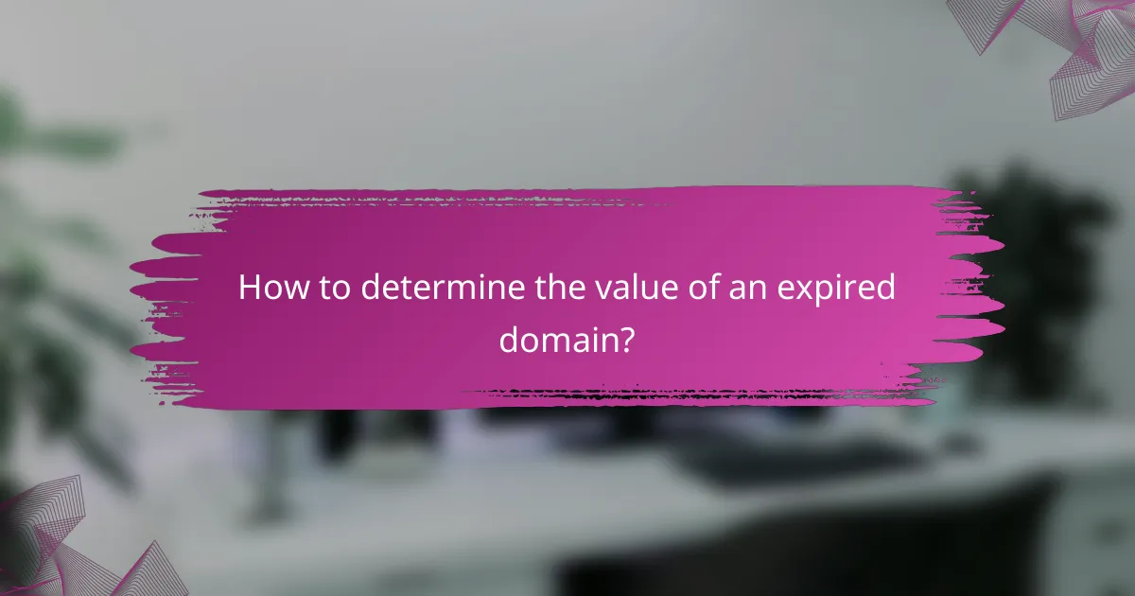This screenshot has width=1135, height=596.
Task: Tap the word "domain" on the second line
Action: (557, 339)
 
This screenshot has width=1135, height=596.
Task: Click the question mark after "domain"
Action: (625, 339)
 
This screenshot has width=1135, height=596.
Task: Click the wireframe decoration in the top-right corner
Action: (1069, 47)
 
